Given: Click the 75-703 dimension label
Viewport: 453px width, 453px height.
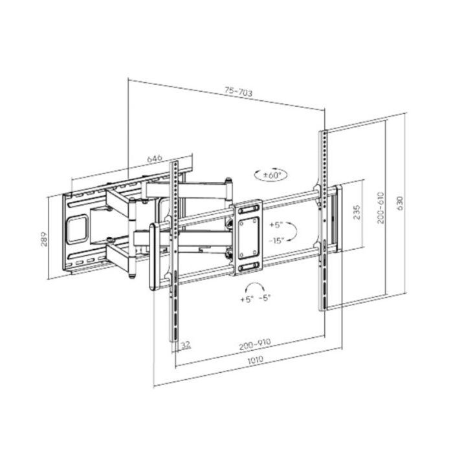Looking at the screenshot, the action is (238, 92).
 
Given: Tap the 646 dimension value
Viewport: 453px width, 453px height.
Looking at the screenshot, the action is (155, 159).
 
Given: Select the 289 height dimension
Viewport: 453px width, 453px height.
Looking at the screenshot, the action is (43, 239).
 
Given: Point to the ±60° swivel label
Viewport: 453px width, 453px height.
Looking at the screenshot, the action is (272, 175).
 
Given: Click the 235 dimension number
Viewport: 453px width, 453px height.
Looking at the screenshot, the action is (357, 212).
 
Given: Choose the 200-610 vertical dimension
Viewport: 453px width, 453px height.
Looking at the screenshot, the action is (381, 208).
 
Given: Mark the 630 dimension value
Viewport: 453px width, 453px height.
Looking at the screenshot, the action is (400, 203).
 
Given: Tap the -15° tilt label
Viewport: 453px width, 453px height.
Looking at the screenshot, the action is (276, 240).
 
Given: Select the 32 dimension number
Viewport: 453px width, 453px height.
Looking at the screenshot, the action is (186, 344).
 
